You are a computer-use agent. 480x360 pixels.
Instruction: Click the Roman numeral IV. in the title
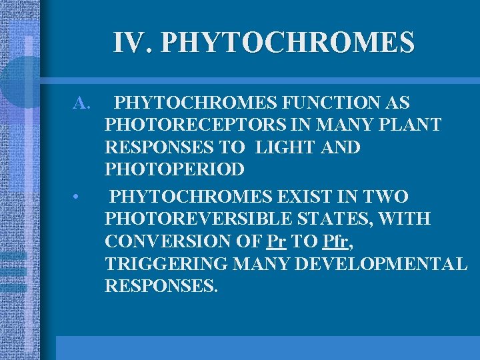[x=133, y=43]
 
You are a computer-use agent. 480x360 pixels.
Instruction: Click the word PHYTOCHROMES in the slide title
[x=287, y=43]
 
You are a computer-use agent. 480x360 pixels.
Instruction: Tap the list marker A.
[x=81, y=103]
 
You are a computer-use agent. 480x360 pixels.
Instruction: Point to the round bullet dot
[x=78, y=197]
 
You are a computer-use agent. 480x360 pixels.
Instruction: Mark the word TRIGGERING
[x=167, y=263]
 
